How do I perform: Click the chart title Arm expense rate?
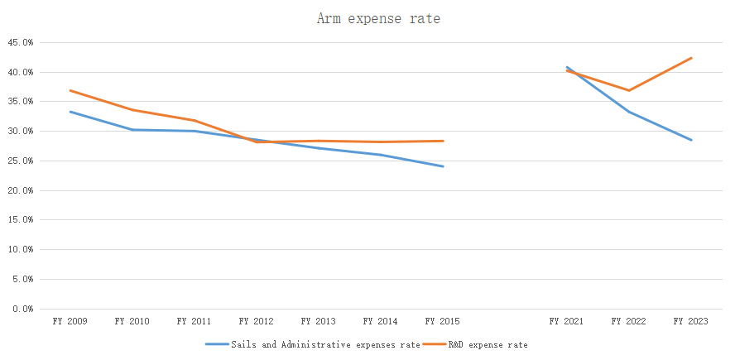pos(378,18)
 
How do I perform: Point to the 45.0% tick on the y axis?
pos(21,42)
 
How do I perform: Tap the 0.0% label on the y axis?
pos(22,309)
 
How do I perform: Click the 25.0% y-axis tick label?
pos(21,161)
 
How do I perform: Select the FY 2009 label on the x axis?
pos(70,321)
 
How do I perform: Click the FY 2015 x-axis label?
pos(442,321)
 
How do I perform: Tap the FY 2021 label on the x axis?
pos(566,321)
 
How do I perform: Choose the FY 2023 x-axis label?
pos(690,321)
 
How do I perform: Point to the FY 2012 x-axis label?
pos(256,321)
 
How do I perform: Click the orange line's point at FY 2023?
pos(691,58)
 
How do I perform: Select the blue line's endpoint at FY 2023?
pos(691,140)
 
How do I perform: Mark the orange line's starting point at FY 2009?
pos(70,90)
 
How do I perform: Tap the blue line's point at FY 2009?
pos(70,112)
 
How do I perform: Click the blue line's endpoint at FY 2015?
pos(443,166)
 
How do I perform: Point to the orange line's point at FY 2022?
pos(629,90)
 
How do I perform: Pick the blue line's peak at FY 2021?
pos(567,67)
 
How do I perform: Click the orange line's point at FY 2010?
pos(132,110)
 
